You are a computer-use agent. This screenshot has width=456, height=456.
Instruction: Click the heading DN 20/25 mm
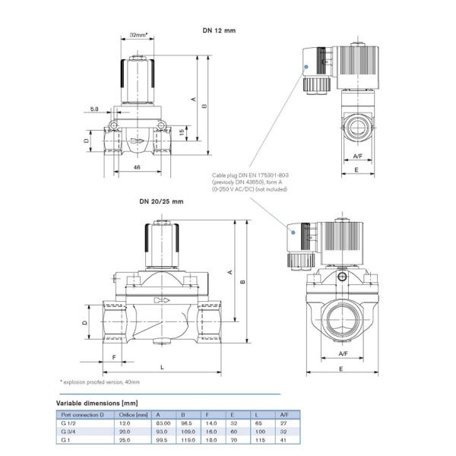coord(161,201)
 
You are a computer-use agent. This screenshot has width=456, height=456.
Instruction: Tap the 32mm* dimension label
coord(138,34)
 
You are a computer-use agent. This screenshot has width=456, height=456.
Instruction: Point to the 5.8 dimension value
coord(93,109)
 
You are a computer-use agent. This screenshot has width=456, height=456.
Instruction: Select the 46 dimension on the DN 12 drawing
coord(137,166)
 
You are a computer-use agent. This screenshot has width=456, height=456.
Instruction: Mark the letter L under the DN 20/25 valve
coord(162,366)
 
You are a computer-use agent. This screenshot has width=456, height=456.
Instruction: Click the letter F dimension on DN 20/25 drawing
coord(113,356)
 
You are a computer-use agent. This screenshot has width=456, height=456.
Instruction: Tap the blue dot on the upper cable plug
coord(305,68)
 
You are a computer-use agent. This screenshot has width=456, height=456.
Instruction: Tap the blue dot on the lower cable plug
coord(293,237)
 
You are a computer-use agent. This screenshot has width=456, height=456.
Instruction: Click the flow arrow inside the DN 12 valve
coord(136,141)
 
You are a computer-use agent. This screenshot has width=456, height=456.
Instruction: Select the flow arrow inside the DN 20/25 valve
coord(162,301)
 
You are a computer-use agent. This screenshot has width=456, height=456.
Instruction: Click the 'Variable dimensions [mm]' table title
coord(97,402)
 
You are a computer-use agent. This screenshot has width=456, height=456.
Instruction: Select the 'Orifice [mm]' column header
coord(133,414)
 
